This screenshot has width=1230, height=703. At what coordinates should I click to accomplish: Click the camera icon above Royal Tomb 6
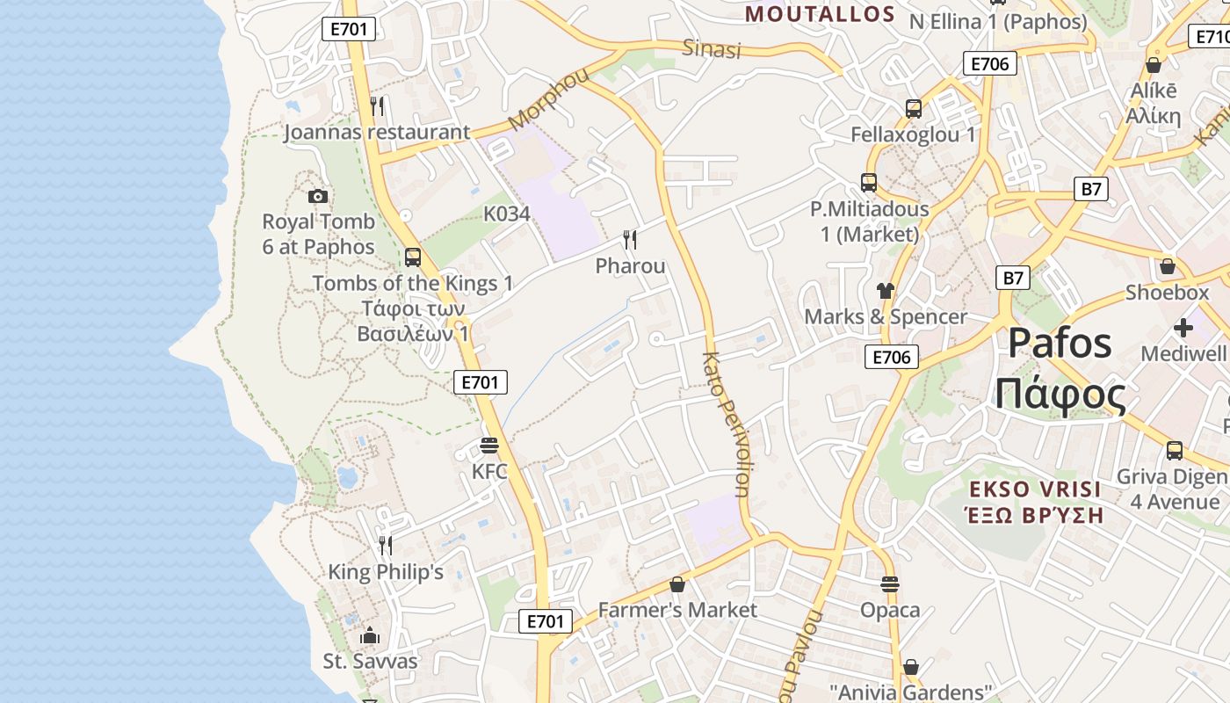[318, 196]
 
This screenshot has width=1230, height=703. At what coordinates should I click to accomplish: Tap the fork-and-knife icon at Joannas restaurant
[377, 106]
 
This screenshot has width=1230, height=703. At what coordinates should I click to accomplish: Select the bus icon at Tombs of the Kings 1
[413, 257]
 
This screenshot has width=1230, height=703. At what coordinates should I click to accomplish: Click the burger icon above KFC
[489, 446]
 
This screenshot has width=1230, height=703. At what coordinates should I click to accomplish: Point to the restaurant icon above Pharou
[630, 239]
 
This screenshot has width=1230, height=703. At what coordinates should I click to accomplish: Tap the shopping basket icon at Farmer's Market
[676, 584]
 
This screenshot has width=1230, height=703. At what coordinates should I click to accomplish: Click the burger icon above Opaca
[890, 584]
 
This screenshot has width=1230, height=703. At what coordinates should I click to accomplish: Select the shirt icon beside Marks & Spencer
[885, 291]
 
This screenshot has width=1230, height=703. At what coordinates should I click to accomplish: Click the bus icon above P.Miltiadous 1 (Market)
[869, 183]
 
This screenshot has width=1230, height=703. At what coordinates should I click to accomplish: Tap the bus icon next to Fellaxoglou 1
[914, 109]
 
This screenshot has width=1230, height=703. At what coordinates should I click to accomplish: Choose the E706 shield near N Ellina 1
[990, 63]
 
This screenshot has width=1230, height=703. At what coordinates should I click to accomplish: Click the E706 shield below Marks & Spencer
[892, 356]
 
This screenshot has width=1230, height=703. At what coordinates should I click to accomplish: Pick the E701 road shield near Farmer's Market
[545, 621]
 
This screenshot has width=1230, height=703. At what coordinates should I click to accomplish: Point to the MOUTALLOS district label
[819, 14]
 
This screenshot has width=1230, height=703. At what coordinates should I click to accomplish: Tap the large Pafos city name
[1060, 343]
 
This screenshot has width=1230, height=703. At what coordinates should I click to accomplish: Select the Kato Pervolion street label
[728, 424]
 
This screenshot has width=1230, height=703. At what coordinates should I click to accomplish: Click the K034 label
[507, 214]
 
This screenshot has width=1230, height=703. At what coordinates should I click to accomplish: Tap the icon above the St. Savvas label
[370, 635]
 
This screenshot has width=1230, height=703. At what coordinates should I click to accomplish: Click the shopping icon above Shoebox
[1167, 266]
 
